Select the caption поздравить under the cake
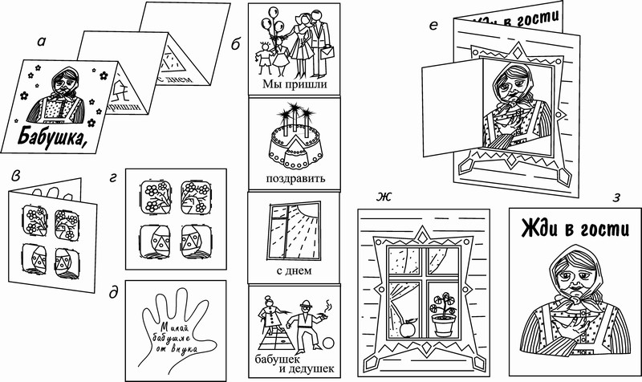pyautogui.click(x=294, y=177)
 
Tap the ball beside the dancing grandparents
pyautogui.click(x=330, y=347)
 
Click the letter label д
pyautogui.click(x=114, y=293)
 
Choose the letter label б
pyautogui.click(x=235, y=46)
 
